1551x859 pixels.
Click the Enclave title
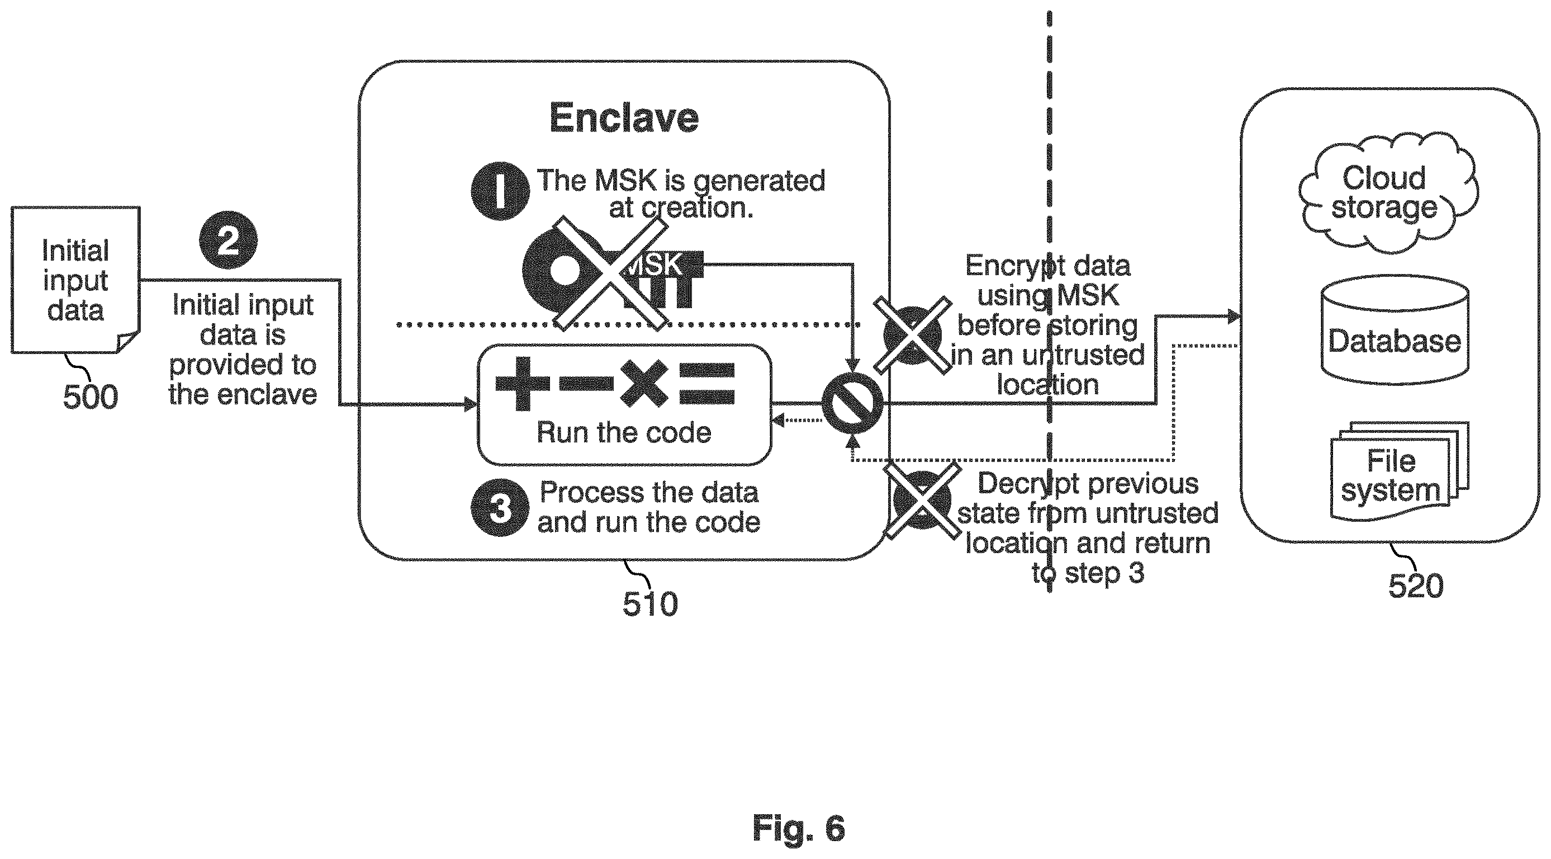point(624,117)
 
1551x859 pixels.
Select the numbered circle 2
point(228,240)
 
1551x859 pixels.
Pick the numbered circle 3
point(500,507)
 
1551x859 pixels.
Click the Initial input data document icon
point(76,280)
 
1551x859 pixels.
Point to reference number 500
point(91,397)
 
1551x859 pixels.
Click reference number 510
point(650,603)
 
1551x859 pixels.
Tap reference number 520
point(1416,586)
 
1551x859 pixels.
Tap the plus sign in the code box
point(523,384)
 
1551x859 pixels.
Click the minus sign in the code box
point(586,383)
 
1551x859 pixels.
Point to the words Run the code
point(624,432)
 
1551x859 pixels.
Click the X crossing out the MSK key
point(610,273)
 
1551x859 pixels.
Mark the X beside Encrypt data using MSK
point(913,335)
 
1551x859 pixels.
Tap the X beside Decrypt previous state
point(922,499)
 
